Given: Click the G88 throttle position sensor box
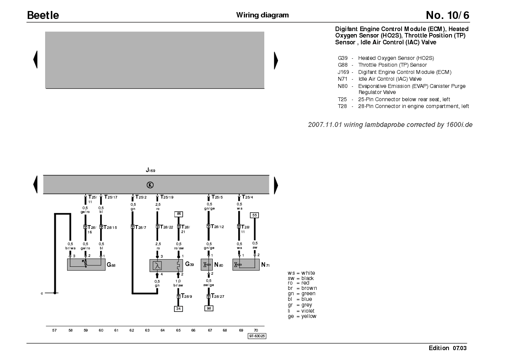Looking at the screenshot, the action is coord(86,265).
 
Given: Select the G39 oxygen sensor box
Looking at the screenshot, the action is coord(166,266).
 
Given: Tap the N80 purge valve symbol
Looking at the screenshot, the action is coord(207,265).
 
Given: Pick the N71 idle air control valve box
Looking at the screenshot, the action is coord(246,265).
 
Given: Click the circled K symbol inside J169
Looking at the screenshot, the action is coord(150,185).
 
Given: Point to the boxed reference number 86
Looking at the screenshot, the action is coord(179,214).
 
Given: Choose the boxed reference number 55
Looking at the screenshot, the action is coord(254,215).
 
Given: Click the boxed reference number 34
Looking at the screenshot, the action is coord(178,309).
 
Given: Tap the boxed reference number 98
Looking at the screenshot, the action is coord(209,308).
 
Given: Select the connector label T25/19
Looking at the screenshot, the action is coord(167,197).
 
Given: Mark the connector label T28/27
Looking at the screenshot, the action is coord(218,296).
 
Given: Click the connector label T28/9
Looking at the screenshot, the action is coord(187,296).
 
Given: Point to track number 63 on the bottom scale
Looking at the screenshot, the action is coord(147,330).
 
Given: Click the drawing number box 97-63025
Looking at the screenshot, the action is coord(257,336).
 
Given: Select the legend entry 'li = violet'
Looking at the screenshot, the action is coord(301,311).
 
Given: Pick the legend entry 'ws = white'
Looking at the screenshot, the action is coord(301,273).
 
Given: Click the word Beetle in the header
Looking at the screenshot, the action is coord(43,15).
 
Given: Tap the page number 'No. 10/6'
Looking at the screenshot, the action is coord(447,15).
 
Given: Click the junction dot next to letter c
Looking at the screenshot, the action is coord(55,293).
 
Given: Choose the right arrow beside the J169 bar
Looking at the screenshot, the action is coord(276,185).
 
